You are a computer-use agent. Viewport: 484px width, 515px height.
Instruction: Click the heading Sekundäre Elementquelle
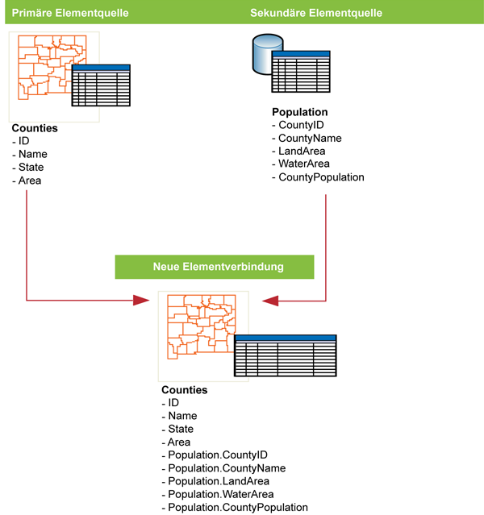tap(315, 13)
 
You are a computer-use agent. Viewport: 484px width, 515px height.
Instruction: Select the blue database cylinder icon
tap(265, 52)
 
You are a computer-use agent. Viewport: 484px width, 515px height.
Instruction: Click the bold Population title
tap(300, 112)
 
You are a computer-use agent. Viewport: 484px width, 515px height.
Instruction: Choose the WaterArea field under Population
tap(306, 164)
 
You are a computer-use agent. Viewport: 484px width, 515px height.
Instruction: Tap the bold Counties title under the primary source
tap(35, 128)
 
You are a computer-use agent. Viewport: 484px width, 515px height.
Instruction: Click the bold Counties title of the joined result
tap(184, 390)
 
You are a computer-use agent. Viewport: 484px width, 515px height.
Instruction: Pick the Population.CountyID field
tap(215, 455)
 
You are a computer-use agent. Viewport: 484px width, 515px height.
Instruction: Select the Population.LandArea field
tap(216, 481)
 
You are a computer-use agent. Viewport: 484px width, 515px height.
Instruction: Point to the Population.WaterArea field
tap(219, 494)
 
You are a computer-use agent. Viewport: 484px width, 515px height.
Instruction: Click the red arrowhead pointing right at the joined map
tap(141, 301)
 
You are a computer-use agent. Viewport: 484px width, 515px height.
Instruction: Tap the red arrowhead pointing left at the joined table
tap(269, 301)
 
